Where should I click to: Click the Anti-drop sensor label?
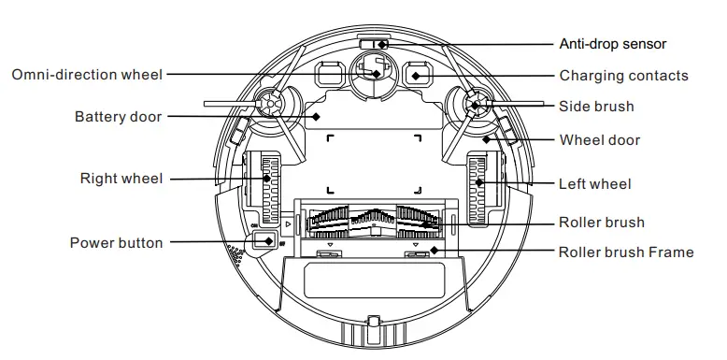tap(612, 44)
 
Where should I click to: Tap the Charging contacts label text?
tap(623, 76)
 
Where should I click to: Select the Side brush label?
tap(596, 107)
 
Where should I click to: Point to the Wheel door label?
tap(599, 140)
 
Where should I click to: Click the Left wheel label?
tap(594, 184)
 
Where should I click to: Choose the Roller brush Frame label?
tap(626, 252)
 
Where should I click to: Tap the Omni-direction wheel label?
tap(87, 74)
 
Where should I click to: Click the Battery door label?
tap(118, 117)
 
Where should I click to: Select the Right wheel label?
tap(121, 179)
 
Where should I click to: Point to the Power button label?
tap(117, 243)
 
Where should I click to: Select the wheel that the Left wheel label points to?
tap(479, 184)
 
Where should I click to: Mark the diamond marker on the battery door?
tap(316, 117)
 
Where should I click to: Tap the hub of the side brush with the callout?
tap(476, 105)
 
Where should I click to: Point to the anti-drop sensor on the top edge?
tap(378, 44)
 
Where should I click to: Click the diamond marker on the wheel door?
tap(486, 139)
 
